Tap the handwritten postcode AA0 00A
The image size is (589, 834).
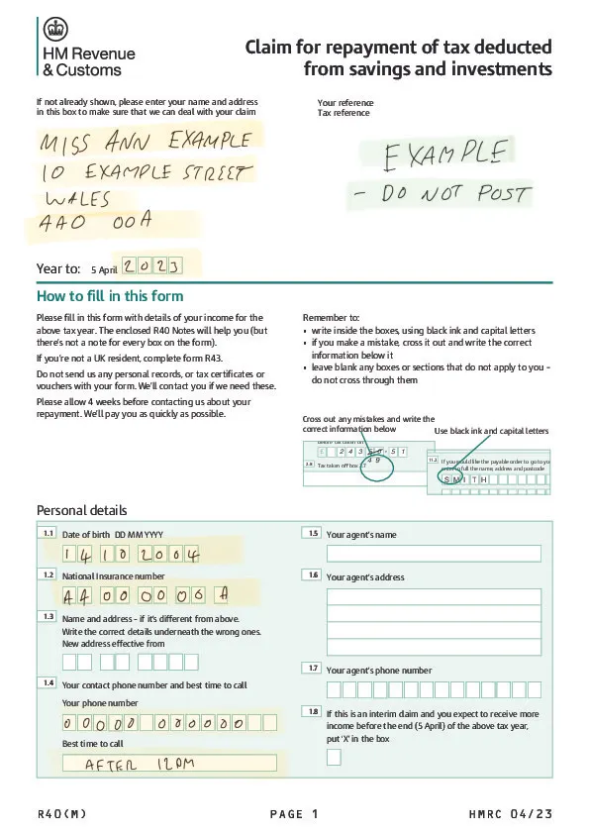tap(95, 223)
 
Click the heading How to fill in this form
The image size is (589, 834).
tap(109, 296)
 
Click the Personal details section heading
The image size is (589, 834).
tap(81, 510)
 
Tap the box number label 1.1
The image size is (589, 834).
tap(48, 533)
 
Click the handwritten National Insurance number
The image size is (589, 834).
tap(147, 595)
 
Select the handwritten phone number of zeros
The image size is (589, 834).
tap(152, 723)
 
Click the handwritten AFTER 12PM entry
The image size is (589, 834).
tap(140, 765)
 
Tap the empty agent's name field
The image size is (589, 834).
tap(434, 553)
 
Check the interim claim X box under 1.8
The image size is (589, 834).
tap(334, 758)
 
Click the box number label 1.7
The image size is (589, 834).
tap(312, 669)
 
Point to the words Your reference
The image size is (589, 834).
tap(345, 103)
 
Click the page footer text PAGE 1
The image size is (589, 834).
tap(294, 814)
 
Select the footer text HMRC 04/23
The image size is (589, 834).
tap(511, 814)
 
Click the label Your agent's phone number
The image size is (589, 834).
tap(379, 671)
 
